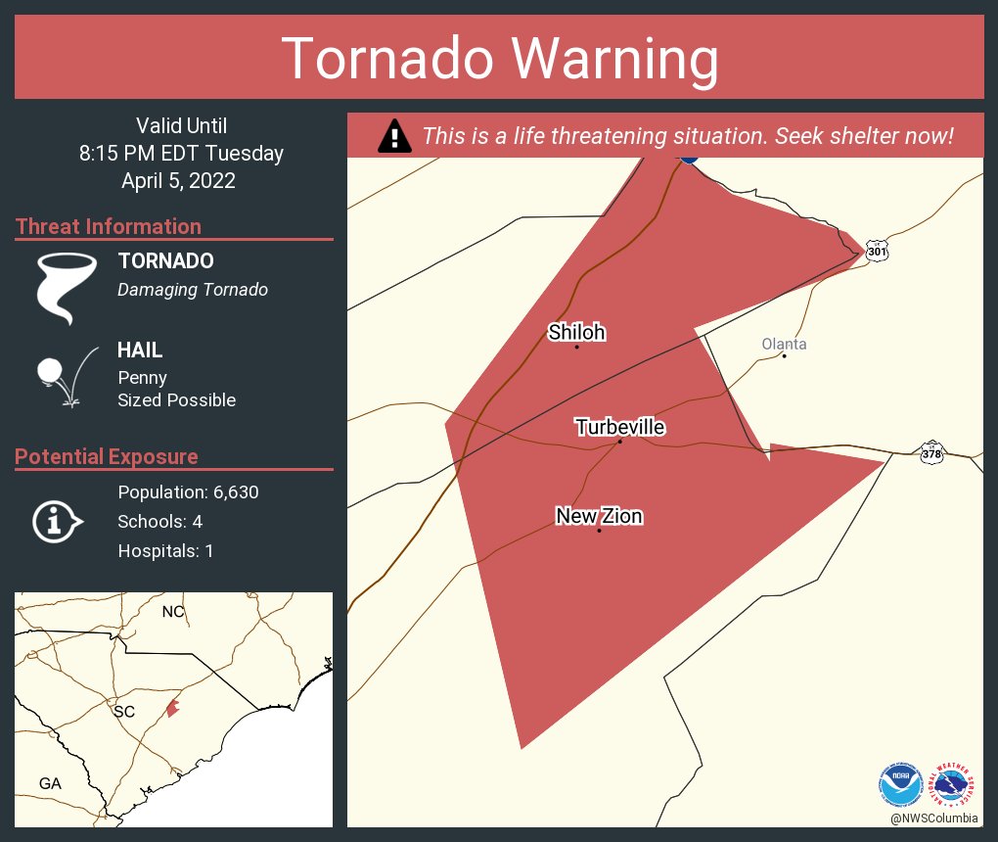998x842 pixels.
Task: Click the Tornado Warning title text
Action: pos(499,59)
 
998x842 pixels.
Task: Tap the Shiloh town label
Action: pos(576,333)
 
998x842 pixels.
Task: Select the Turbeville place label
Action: pos(620,427)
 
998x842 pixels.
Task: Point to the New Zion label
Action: pos(599,516)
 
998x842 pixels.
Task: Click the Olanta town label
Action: pos(784,344)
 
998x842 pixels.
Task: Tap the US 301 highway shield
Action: pos(878,251)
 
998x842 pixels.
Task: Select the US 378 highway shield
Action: pos(931,453)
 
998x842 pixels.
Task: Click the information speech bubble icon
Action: pos(56,521)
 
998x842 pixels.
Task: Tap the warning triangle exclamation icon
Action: pos(394,136)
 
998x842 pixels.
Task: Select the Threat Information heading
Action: pos(109,226)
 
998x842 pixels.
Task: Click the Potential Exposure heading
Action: pos(107,456)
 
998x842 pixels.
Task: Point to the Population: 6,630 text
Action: pos(188,491)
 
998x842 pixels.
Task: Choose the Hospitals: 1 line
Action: pos(165,551)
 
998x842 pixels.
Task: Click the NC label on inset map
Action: pos(173,612)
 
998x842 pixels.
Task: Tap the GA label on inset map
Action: pos(49,783)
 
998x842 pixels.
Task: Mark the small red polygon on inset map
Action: pos(172,706)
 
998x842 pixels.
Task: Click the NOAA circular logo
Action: pos(900,783)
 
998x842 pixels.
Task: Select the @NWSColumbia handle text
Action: pos(933,818)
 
